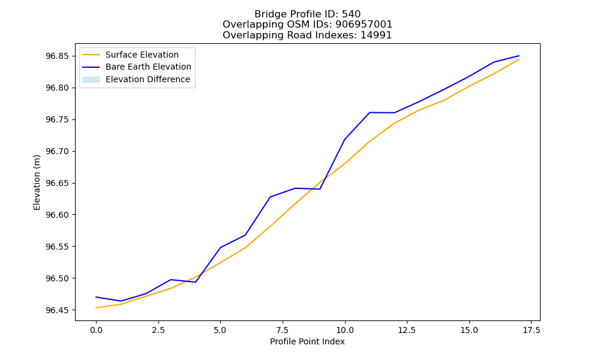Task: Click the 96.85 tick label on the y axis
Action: (58, 56)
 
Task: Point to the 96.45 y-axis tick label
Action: (58, 310)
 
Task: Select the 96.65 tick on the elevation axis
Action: (58, 183)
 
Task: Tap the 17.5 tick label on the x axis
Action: (531, 330)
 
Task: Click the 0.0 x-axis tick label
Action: (96, 330)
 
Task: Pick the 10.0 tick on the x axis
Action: (345, 330)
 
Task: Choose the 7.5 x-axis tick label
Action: (283, 330)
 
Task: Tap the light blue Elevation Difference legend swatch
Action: (91, 80)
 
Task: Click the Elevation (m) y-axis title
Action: (37, 182)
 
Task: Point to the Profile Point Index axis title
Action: (307, 341)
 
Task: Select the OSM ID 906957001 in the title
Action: (364, 25)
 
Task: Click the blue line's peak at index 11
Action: (370, 112)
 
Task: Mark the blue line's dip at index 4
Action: (196, 282)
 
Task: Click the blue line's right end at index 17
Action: (519, 56)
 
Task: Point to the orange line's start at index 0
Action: (96, 308)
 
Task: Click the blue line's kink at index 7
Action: (270, 197)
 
